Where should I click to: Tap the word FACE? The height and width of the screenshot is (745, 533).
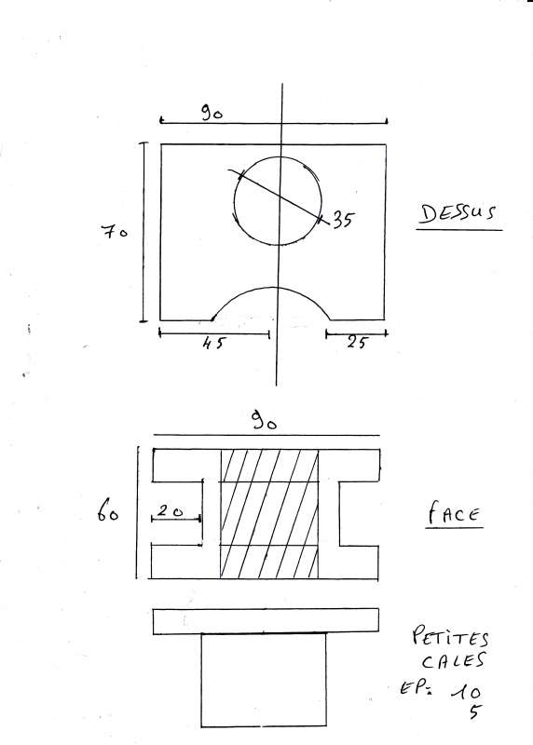click(454, 514)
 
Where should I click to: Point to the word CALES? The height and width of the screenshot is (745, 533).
click(453, 660)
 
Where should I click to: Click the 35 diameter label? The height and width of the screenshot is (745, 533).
click(343, 220)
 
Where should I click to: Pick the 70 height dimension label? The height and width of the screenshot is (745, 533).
click(114, 232)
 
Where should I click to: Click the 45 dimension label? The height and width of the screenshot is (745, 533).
click(213, 343)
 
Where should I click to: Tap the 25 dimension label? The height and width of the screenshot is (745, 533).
click(356, 342)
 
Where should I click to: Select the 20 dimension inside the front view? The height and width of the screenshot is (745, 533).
click(171, 511)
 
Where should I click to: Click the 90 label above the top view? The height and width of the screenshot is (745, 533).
click(212, 113)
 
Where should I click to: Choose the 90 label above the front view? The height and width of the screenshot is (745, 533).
click(264, 421)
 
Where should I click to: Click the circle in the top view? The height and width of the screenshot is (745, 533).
click(278, 156)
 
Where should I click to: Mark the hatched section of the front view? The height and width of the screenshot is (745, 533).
click(269, 514)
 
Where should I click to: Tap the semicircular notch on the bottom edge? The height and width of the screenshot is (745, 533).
click(271, 288)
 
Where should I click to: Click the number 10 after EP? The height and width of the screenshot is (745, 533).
click(466, 692)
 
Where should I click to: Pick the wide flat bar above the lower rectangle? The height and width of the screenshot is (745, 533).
click(266, 621)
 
